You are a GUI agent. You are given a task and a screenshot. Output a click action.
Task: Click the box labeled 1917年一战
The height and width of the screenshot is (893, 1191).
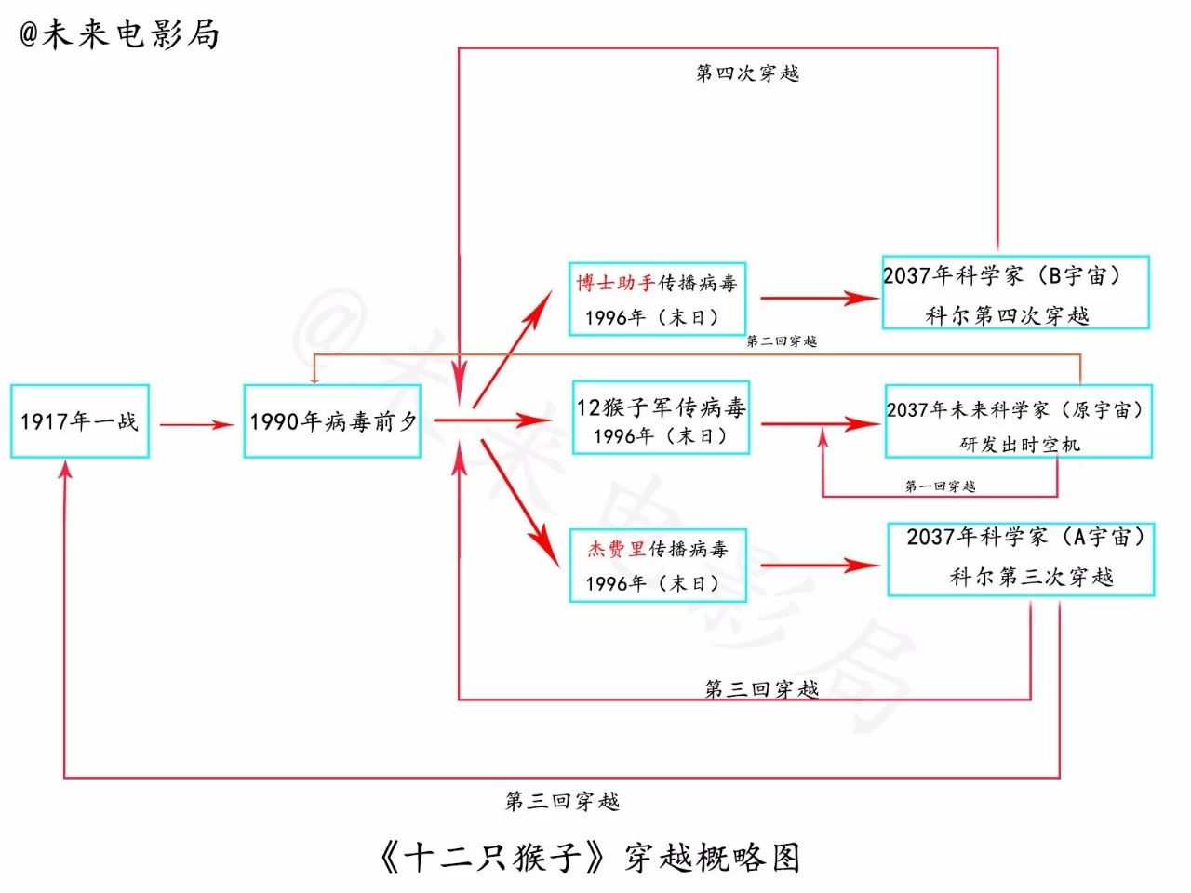point(80,421)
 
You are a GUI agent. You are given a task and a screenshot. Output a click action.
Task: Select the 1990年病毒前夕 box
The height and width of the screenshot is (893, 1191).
point(332,421)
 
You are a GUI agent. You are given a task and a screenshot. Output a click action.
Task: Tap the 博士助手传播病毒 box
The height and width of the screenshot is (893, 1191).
point(657,299)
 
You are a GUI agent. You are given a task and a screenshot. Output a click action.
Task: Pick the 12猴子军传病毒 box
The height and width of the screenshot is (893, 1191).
point(661,418)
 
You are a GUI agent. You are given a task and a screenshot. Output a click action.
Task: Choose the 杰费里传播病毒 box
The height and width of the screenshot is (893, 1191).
point(658,565)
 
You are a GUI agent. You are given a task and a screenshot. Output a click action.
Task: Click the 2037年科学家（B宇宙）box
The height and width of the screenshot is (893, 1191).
point(1015,292)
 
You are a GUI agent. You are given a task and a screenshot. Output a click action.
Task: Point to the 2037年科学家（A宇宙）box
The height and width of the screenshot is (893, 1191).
point(1021,559)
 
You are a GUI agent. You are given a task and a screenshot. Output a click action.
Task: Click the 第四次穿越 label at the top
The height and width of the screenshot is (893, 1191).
point(747,73)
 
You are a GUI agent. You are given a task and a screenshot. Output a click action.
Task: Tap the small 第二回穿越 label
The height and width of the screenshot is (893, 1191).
point(782,341)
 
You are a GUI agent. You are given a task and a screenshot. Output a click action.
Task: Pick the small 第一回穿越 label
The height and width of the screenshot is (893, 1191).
point(940,486)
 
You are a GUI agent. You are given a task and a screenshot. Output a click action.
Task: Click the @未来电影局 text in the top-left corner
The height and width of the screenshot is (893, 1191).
point(119,34)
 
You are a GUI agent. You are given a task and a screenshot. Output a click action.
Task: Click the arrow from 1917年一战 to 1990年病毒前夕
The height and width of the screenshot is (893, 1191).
point(196,425)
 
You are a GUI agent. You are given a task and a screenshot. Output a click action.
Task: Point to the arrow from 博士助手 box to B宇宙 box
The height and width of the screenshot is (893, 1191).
point(819,299)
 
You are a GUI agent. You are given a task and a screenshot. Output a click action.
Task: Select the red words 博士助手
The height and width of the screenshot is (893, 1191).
point(615,283)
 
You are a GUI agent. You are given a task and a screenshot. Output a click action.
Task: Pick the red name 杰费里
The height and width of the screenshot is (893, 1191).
point(616,549)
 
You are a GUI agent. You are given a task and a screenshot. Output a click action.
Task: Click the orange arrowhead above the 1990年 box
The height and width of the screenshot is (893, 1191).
point(314,377)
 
